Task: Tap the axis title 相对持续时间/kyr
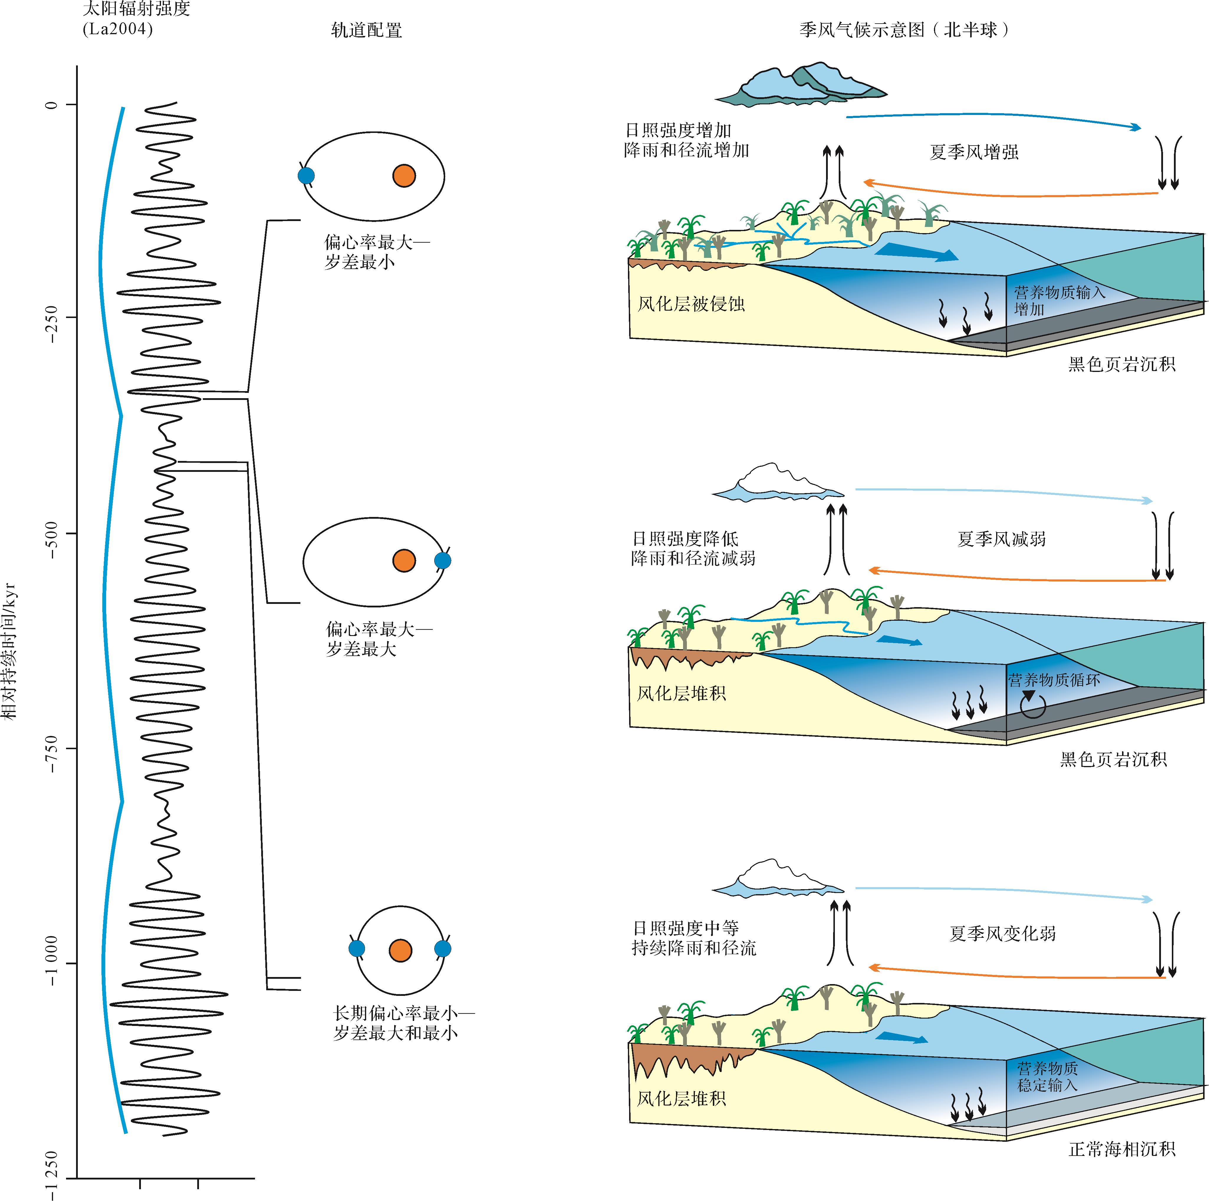coord(9,650)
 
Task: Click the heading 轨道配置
coord(366,30)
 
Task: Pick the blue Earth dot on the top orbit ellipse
coord(306,176)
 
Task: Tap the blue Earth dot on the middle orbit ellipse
coord(443,561)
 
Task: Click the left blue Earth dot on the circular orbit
coord(357,949)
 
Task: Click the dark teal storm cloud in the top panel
coord(801,85)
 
